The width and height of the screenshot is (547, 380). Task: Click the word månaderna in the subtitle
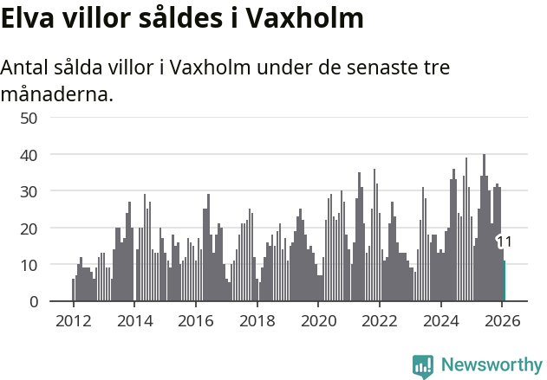(57, 93)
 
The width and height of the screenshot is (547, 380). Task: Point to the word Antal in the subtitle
(27, 68)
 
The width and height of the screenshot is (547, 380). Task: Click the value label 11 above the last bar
(505, 242)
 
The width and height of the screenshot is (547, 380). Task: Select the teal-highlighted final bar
(505, 281)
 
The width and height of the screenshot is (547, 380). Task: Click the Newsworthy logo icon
(423, 366)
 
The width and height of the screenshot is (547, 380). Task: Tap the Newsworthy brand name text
(492, 365)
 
